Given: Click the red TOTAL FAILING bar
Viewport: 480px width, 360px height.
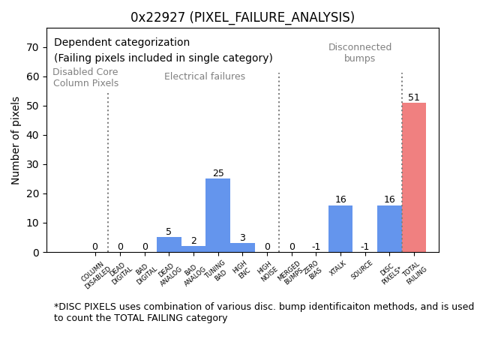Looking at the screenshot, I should pyautogui.click(x=414, y=177).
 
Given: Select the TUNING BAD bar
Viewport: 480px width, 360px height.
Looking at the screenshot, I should pyautogui.click(x=217, y=215).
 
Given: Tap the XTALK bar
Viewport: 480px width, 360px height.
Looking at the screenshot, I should pyautogui.click(x=340, y=229).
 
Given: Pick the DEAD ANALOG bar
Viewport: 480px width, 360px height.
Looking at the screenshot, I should pyautogui.click(x=169, y=244).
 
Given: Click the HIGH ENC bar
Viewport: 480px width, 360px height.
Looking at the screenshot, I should pyautogui.click(x=242, y=247).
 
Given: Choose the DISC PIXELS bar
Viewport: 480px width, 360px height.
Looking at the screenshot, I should pyautogui.click(x=389, y=229).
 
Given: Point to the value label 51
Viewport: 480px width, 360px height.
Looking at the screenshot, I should pyautogui.click(x=414, y=97).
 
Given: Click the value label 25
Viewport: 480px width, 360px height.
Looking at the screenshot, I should pyautogui.click(x=218, y=173).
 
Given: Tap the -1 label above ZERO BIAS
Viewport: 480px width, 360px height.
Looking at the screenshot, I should pyautogui.click(x=316, y=247).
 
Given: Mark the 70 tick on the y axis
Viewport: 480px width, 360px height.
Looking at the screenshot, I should pyautogui.click(x=33, y=47).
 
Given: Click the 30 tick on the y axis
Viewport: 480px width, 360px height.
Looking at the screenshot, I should pyautogui.click(x=33, y=164).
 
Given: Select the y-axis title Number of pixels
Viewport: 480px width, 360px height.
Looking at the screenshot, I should pyautogui.click(x=16, y=140).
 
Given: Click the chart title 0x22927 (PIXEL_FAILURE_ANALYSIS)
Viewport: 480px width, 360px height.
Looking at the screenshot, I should pyautogui.click(x=242, y=17).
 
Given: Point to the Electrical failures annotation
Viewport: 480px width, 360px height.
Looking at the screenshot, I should pyautogui.click(x=205, y=76).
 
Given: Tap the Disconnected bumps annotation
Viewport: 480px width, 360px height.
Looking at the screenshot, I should pyautogui.click(x=360, y=52).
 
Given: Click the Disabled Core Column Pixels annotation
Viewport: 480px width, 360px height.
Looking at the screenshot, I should pyautogui.click(x=85, y=77).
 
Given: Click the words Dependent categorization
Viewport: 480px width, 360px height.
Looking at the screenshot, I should pyautogui.click(x=121, y=43).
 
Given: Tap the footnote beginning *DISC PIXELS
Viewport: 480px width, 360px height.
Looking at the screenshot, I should pyautogui.click(x=263, y=312).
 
